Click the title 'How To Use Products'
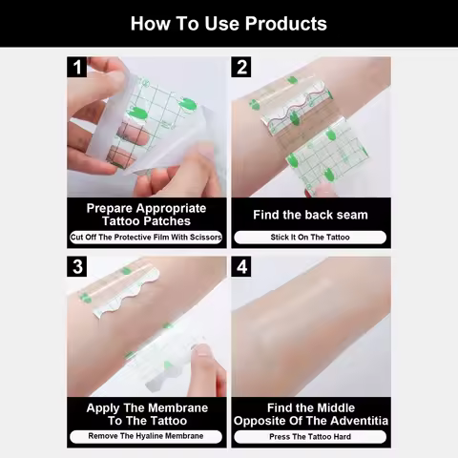(228, 24)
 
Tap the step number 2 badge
(242, 68)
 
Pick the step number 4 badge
(242, 267)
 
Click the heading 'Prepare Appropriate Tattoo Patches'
(146, 214)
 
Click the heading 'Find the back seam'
(310, 215)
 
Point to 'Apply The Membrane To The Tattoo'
(146, 414)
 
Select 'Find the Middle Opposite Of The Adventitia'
(310, 414)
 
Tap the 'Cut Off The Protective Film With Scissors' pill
(146, 237)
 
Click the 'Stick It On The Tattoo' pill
(310, 237)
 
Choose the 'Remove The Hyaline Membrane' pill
(146, 436)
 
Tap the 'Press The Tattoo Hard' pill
(310, 436)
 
